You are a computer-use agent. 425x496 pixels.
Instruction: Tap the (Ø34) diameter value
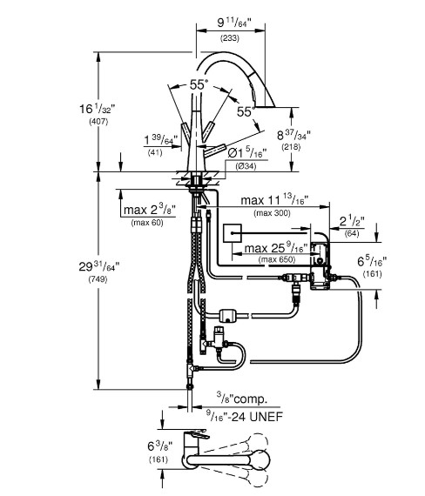246,165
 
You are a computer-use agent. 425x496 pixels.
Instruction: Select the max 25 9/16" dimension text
274,250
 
